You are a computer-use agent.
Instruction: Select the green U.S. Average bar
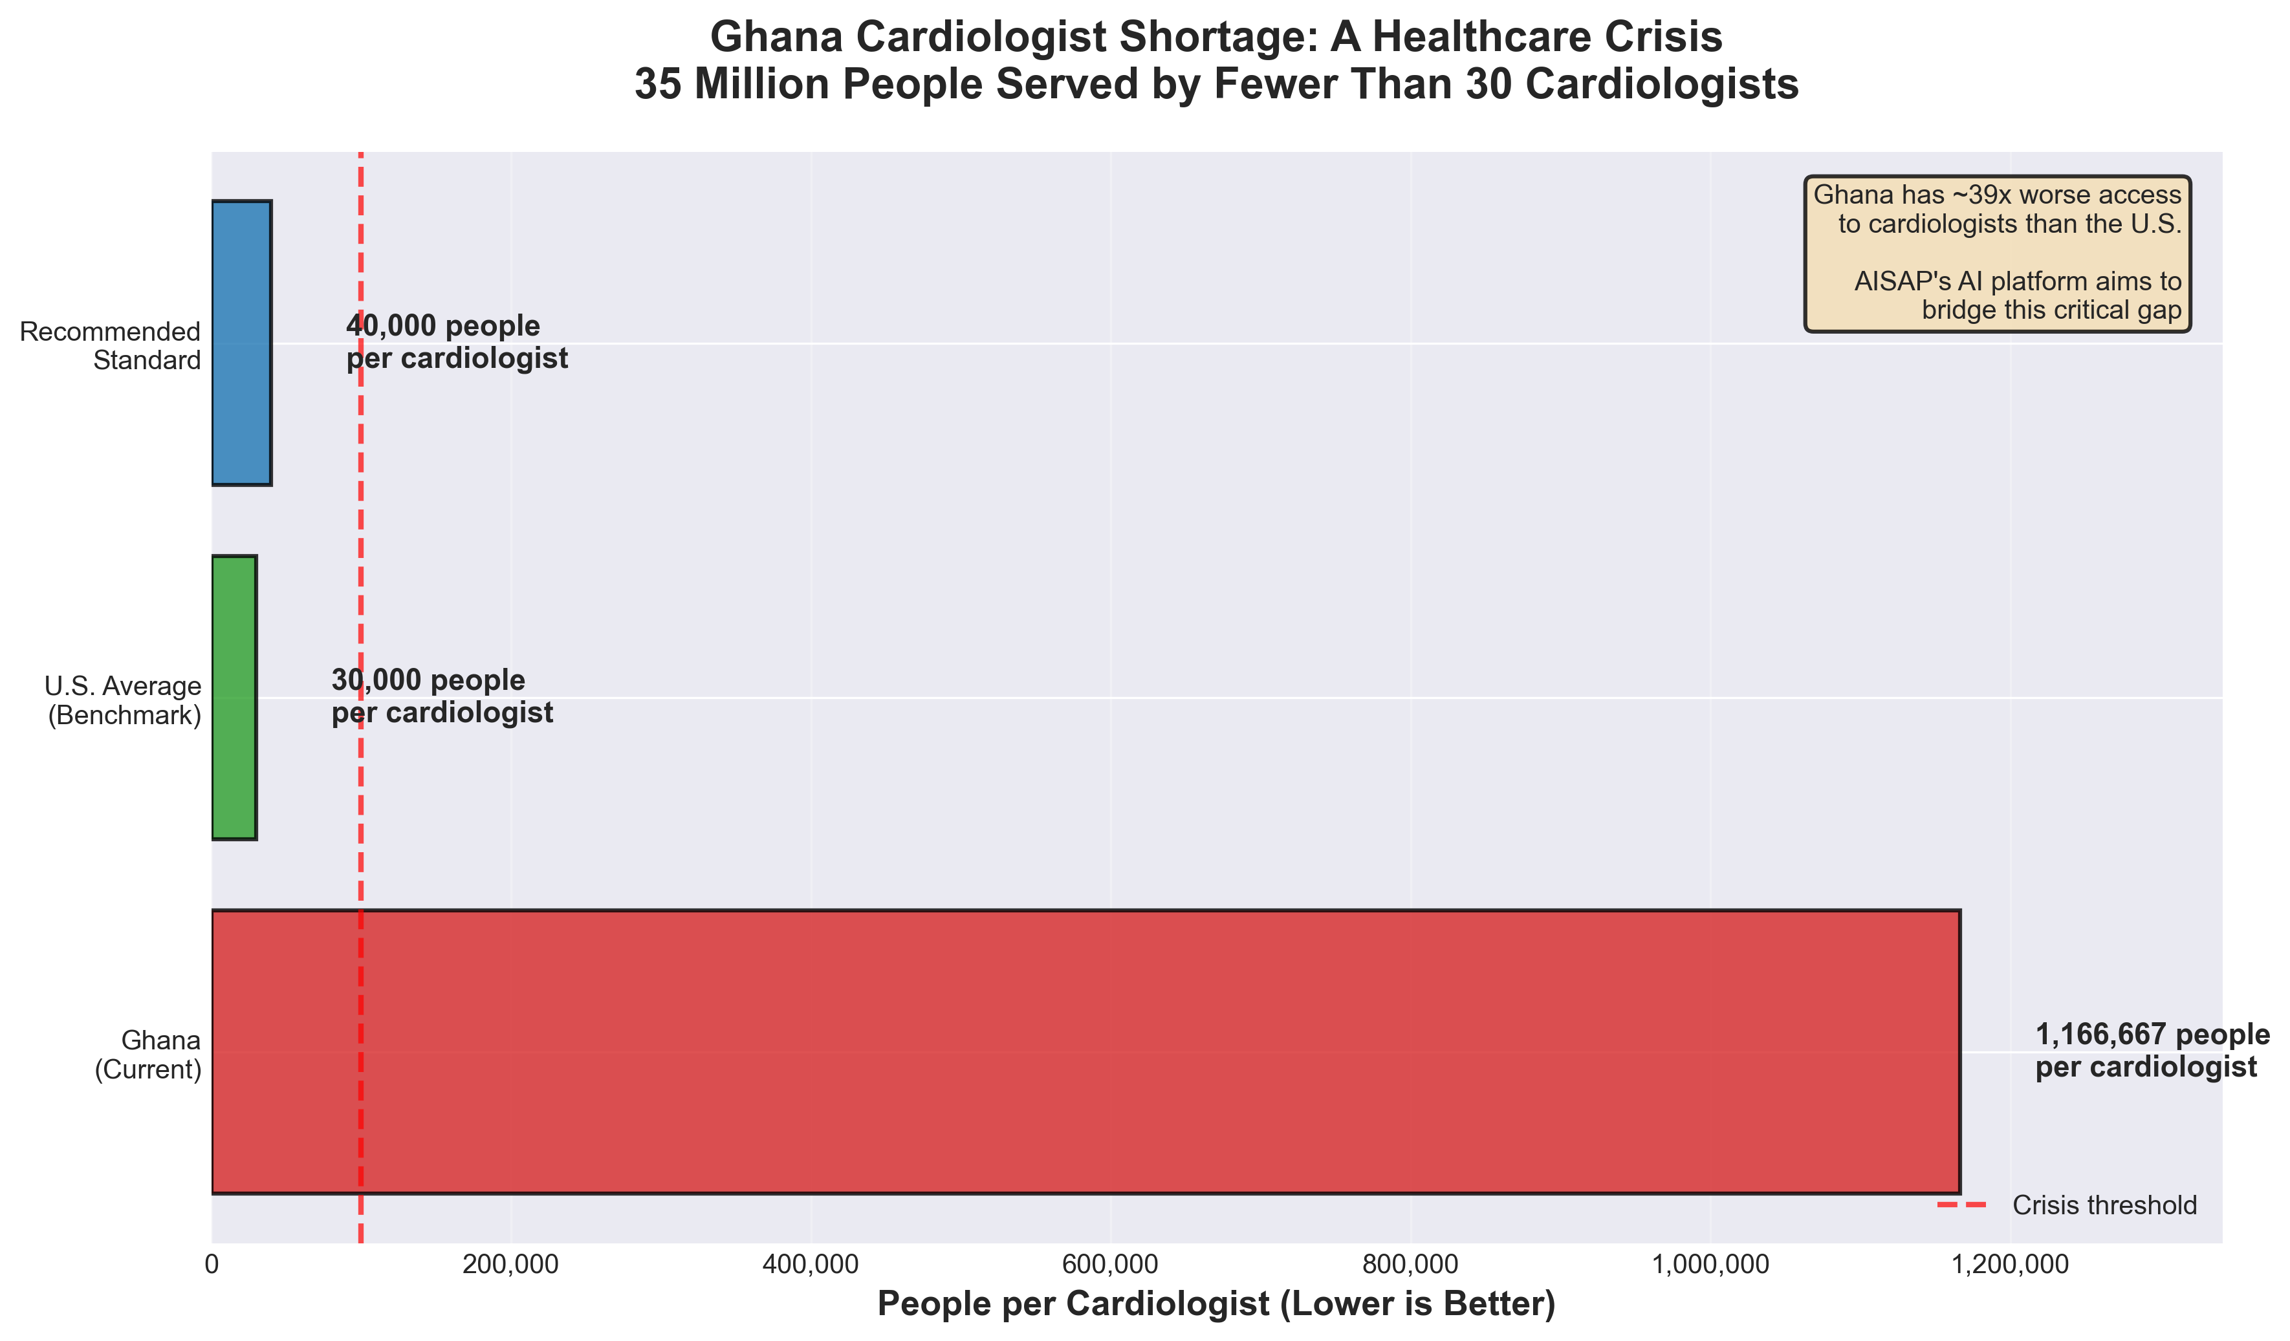[234, 697]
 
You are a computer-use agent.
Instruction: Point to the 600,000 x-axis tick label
[1111, 1264]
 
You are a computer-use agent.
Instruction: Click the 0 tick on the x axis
[212, 1264]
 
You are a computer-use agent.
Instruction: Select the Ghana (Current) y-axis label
[148, 1055]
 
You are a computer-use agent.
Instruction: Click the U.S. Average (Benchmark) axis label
[124, 700]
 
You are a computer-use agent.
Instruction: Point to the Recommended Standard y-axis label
[110, 346]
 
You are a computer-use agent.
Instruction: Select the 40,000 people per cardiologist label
[456, 343]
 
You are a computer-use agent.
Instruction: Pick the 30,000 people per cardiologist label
[442, 697]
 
